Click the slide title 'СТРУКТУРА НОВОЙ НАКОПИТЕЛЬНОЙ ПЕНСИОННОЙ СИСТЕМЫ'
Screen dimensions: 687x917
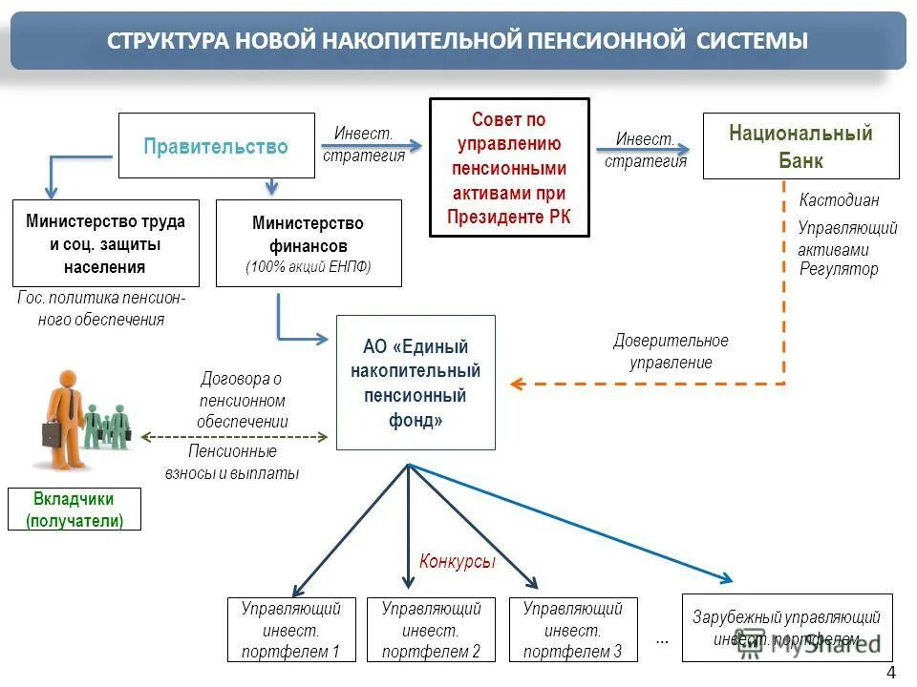tap(458, 41)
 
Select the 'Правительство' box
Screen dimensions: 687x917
tap(216, 146)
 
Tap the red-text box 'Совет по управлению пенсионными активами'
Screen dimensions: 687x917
tap(509, 167)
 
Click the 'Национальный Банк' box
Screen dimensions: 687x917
tap(800, 146)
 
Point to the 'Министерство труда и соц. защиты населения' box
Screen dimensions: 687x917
tap(105, 243)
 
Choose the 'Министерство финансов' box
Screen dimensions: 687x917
tap(309, 243)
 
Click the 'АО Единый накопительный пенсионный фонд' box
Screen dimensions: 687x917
tap(416, 383)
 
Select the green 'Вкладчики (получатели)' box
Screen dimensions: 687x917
tap(75, 510)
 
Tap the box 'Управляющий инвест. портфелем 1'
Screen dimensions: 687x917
tap(290, 630)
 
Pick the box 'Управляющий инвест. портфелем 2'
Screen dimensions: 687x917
tap(431, 630)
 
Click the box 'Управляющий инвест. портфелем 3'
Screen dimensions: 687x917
tap(572, 630)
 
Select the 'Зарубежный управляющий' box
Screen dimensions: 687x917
tap(786, 628)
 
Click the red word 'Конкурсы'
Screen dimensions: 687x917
tap(458, 562)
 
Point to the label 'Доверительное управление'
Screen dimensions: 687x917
tap(671, 351)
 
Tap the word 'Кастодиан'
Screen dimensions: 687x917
tap(839, 200)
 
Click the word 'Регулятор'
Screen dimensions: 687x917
tap(838, 269)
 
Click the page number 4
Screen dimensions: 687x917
tap(890, 672)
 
